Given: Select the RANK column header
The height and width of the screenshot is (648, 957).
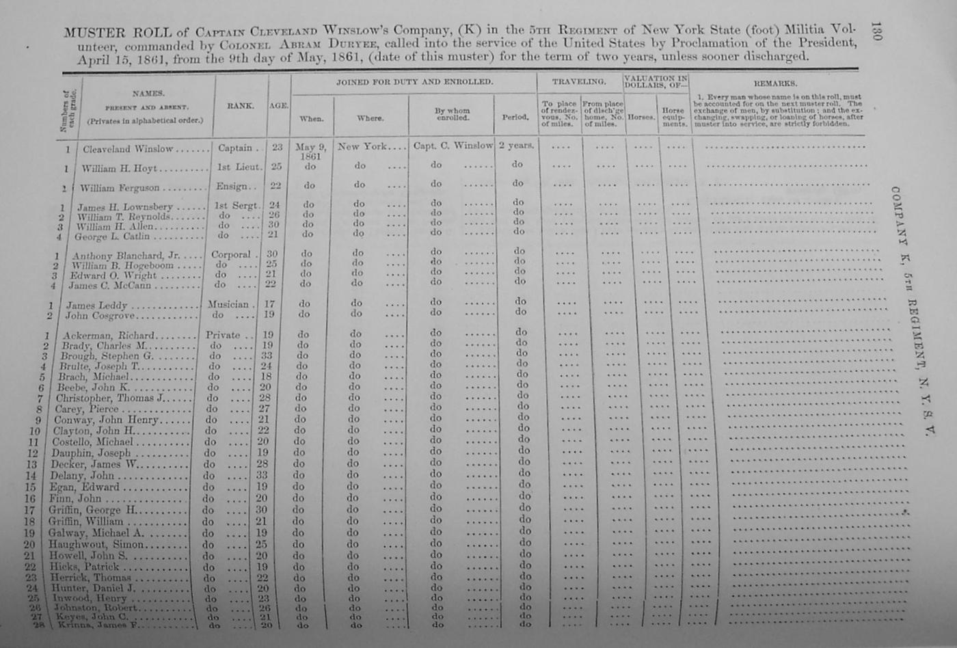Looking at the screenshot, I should tap(240, 106).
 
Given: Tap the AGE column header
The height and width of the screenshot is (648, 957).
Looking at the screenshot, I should tap(278, 106).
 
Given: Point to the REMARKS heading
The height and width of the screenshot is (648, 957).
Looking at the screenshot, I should tap(775, 83).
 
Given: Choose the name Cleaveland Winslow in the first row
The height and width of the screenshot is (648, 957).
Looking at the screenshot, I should tap(128, 149).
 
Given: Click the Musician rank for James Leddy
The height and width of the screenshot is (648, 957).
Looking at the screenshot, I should tap(228, 304).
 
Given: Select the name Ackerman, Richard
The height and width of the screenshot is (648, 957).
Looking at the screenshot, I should tap(109, 336).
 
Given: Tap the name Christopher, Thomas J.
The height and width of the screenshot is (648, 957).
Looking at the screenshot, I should tap(110, 399).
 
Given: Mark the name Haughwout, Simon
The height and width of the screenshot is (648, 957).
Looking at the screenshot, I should tap(96, 545).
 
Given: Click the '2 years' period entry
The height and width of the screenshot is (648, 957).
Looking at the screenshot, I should tap(516, 146).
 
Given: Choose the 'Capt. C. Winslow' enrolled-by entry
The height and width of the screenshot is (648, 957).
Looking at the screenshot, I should tap(452, 146).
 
